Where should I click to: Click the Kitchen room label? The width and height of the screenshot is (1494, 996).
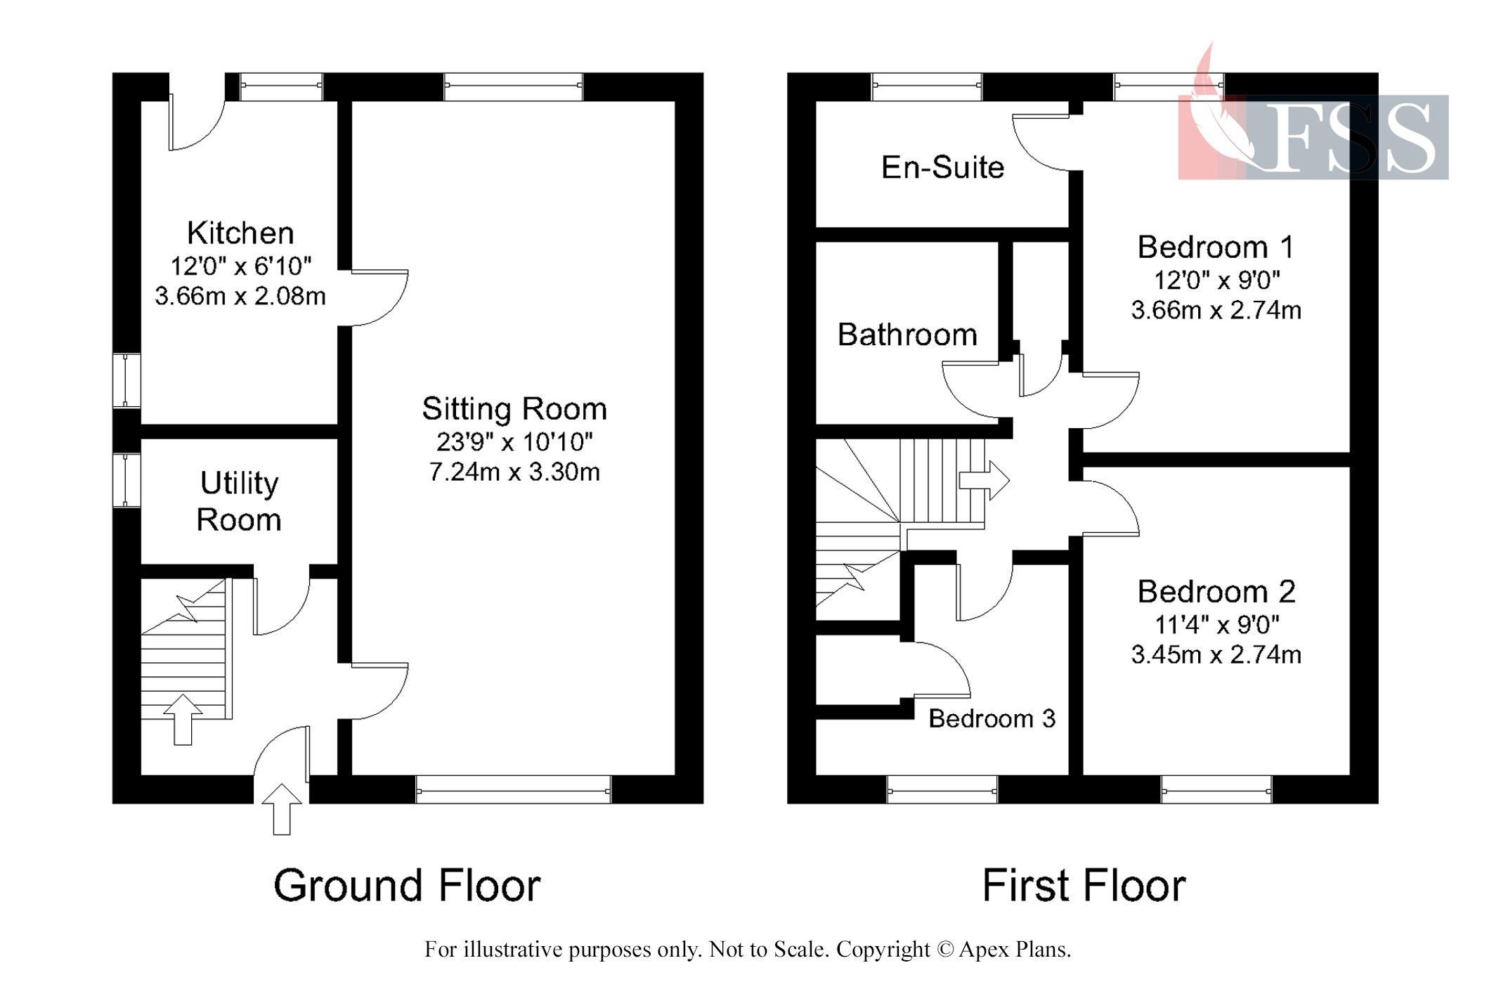click(240, 233)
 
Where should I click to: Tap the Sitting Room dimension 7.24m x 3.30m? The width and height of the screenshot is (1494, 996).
click(514, 472)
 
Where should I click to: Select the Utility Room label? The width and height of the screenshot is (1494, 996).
click(239, 501)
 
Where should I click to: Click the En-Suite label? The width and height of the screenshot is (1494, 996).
click(942, 167)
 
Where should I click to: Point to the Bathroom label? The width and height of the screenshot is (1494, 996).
click(907, 335)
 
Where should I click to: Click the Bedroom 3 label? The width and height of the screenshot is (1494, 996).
click(992, 718)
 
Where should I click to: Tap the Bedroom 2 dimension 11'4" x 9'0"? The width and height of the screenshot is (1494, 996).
click(1216, 624)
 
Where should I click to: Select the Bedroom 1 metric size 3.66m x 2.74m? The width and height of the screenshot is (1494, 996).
click(1216, 310)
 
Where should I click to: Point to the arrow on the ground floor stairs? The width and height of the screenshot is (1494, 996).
click(183, 719)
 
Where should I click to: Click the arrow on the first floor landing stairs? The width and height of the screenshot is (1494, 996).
click(985, 481)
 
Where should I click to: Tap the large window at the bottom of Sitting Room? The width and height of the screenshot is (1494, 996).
click(514, 790)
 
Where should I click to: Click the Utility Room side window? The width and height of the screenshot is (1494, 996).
click(126, 481)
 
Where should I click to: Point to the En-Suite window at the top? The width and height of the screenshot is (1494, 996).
click(926, 86)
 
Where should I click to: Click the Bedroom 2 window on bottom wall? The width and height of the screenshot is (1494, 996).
click(1216, 790)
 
